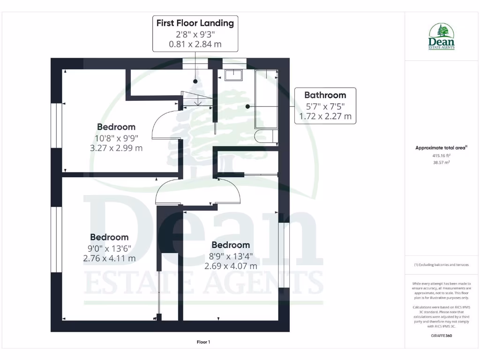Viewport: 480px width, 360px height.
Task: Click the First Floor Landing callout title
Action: point(195,23)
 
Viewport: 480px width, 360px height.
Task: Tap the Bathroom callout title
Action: point(325,95)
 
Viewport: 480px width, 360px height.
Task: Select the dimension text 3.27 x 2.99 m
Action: point(116,148)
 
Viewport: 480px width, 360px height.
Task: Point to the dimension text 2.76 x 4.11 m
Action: point(109,258)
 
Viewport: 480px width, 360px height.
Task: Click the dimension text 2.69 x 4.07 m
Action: point(231,266)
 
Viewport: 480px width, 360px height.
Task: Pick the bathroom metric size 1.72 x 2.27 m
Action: point(325,116)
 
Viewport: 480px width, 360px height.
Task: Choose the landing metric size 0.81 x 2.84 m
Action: point(195,45)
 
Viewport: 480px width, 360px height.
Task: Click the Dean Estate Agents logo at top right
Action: point(442,37)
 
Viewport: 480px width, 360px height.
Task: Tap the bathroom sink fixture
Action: point(232,75)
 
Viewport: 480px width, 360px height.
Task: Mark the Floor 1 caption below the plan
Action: point(203,342)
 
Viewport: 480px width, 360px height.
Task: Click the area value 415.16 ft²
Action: point(442,155)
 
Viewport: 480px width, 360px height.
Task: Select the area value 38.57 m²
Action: point(442,162)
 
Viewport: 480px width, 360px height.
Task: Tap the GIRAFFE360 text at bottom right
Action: point(442,336)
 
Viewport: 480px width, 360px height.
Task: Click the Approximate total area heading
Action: point(441,148)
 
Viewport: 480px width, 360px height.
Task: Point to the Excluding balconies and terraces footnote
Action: point(442,265)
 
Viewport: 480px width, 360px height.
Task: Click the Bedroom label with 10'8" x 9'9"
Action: point(116,127)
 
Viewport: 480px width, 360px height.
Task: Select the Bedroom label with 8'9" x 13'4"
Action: point(231,245)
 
